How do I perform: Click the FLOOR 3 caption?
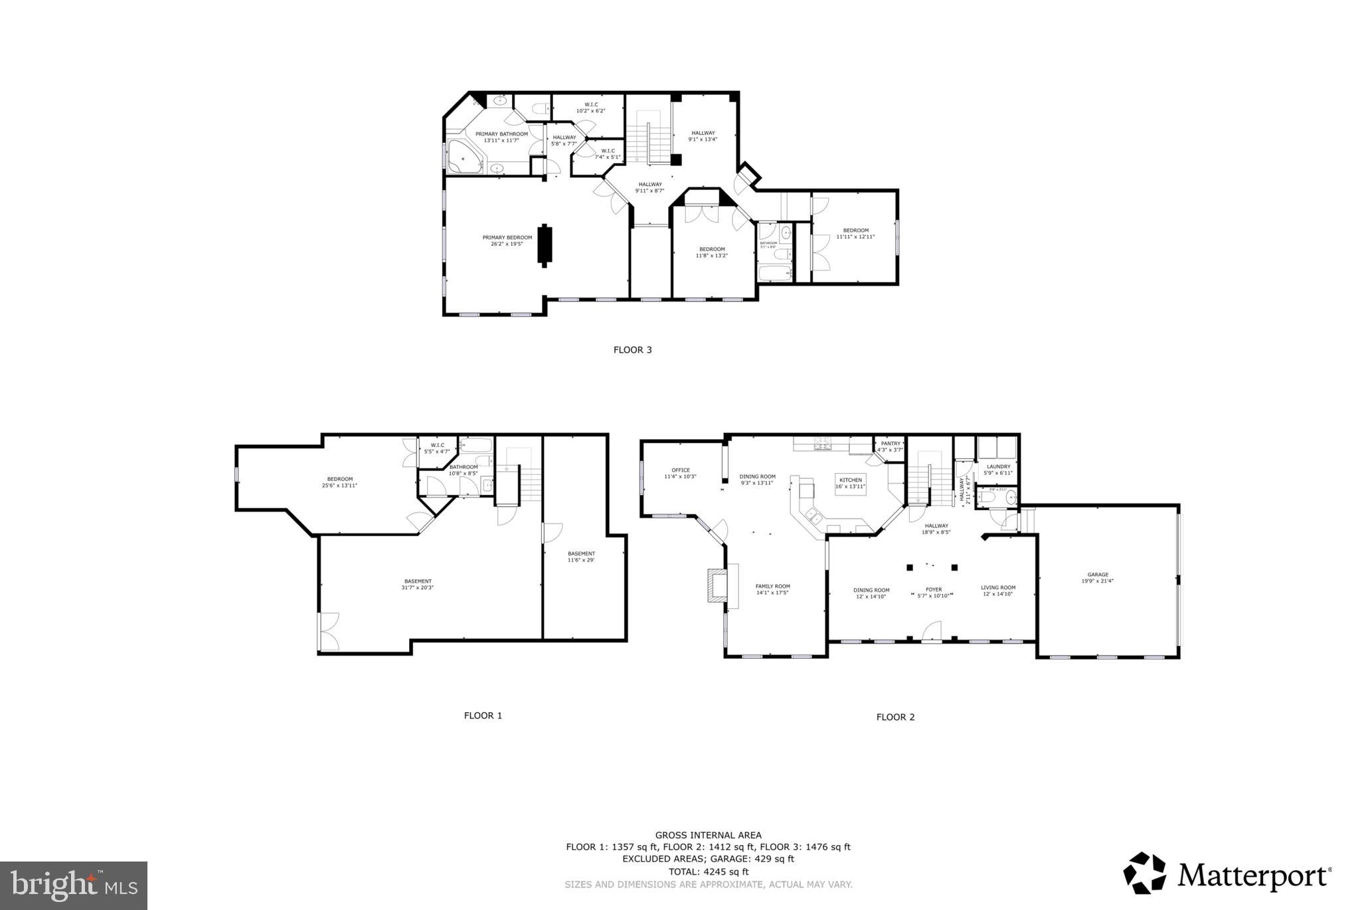pos(632,350)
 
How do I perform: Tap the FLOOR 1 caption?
pos(483,715)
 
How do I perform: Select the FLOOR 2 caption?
pos(895,717)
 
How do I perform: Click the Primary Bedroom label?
pos(507,240)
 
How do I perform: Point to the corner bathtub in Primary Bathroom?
pos(465,157)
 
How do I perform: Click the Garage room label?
pos(1097,577)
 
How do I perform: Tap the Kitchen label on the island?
pos(851,483)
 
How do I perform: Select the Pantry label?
pos(890,446)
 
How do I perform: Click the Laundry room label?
pos(998,470)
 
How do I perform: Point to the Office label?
pos(680,473)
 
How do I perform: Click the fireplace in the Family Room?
pos(717,585)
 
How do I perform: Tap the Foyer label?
pos(933,592)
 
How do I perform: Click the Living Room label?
pos(998,591)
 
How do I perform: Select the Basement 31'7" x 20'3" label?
pos(417,584)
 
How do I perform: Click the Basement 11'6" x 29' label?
pos(581,557)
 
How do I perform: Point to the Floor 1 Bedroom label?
pos(339,482)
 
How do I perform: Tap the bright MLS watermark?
pos(74,886)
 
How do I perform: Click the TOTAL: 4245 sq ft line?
pos(708,871)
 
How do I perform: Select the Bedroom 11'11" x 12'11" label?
pos(855,233)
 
